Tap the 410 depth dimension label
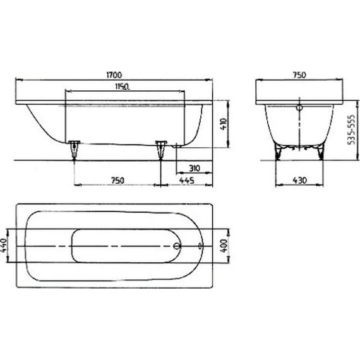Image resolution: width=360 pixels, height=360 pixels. click(x=222, y=123)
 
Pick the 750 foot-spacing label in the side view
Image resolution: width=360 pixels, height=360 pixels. click(x=117, y=181)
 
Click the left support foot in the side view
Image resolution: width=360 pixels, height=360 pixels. click(x=75, y=148)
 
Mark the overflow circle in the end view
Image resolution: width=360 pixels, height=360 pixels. click(x=299, y=108)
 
